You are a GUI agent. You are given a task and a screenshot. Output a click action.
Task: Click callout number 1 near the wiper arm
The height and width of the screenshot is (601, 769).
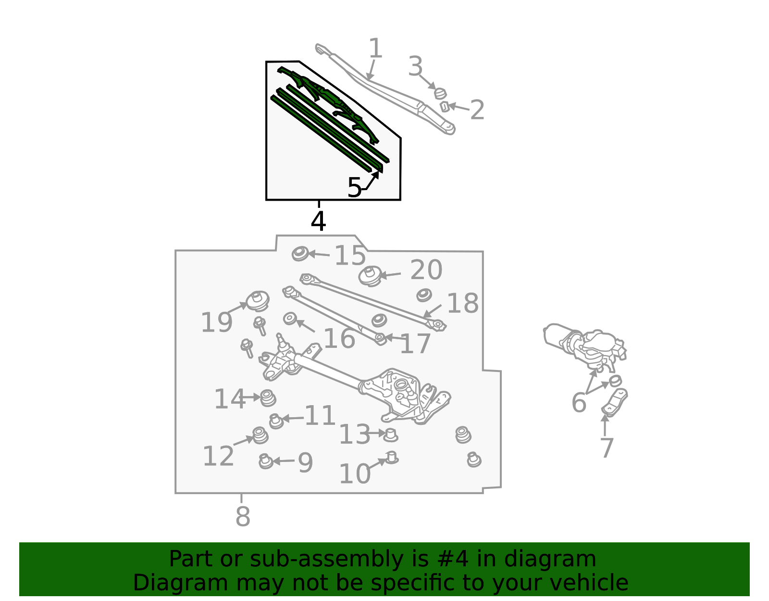pyautogui.click(x=375, y=49)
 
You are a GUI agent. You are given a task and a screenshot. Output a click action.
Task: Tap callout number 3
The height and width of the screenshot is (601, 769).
pyautogui.click(x=415, y=66)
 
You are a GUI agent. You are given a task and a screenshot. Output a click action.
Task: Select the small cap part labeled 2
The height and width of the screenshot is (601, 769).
pyautogui.click(x=445, y=107)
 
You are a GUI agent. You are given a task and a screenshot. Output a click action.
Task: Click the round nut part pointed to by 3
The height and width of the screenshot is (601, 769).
pyautogui.click(x=440, y=93)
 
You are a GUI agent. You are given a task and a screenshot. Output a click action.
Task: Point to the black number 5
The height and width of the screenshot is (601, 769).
pyautogui.click(x=354, y=188)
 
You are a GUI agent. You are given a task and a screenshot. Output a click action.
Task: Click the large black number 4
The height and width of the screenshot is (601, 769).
pyautogui.click(x=318, y=221)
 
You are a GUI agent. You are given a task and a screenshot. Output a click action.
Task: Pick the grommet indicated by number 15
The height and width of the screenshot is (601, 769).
pyautogui.click(x=300, y=254)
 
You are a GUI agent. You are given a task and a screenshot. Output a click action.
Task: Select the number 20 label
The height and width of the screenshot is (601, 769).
pyautogui.click(x=426, y=270)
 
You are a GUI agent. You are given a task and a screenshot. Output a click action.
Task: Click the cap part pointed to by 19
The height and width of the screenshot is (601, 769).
pyautogui.click(x=258, y=301)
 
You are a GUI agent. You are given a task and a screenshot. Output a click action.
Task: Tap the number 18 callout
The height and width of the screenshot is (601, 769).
pyautogui.click(x=462, y=304)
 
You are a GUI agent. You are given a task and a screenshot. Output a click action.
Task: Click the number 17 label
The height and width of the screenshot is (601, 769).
pyautogui.click(x=415, y=344)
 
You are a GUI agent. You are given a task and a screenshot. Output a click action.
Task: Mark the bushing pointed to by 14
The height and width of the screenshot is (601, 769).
pyautogui.click(x=268, y=397)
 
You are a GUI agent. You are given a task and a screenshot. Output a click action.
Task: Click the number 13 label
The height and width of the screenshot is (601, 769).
pyautogui.click(x=355, y=435)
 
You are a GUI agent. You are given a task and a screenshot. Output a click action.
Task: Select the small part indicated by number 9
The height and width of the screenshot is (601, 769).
pyautogui.click(x=265, y=461)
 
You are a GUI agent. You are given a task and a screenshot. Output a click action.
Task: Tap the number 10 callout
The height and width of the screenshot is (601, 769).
pyautogui.click(x=355, y=474)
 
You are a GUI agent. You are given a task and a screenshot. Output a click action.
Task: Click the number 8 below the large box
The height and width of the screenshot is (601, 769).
pyautogui.click(x=243, y=516)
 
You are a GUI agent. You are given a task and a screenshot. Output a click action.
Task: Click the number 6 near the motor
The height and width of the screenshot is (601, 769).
pyautogui.click(x=579, y=402)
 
